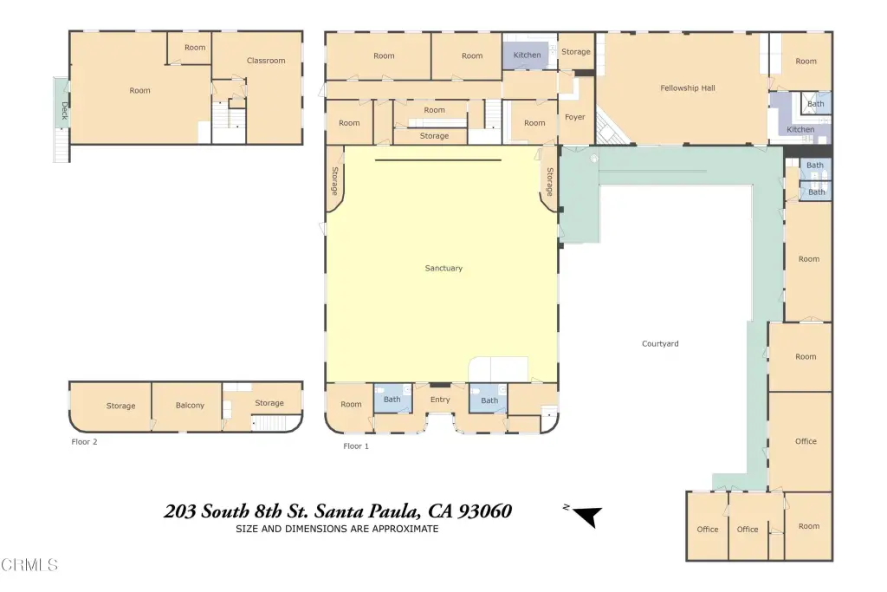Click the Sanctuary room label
click(443, 269)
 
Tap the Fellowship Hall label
click(687, 88)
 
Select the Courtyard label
click(660, 343)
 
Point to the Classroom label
click(266, 61)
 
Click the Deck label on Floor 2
click(64, 111)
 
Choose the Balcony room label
click(190, 406)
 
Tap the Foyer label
click(575, 117)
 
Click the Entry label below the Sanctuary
click(440, 400)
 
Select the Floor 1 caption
click(356, 446)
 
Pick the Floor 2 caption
click(84, 442)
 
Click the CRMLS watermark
click(29, 565)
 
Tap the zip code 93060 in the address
click(485, 511)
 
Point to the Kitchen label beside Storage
click(527, 55)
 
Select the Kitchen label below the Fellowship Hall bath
click(800, 130)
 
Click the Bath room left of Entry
click(392, 400)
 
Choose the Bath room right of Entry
click(489, 400)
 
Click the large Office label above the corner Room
click(806, 441)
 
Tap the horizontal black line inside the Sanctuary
click(437, 160)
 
